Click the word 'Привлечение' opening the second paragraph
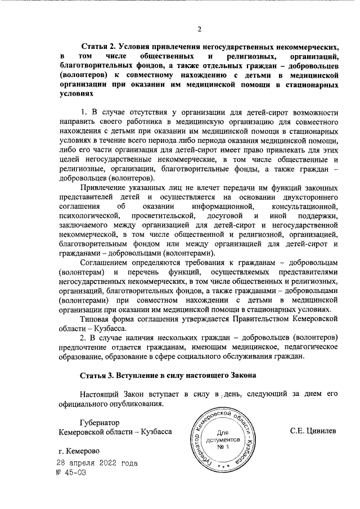[x=104, y=187]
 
